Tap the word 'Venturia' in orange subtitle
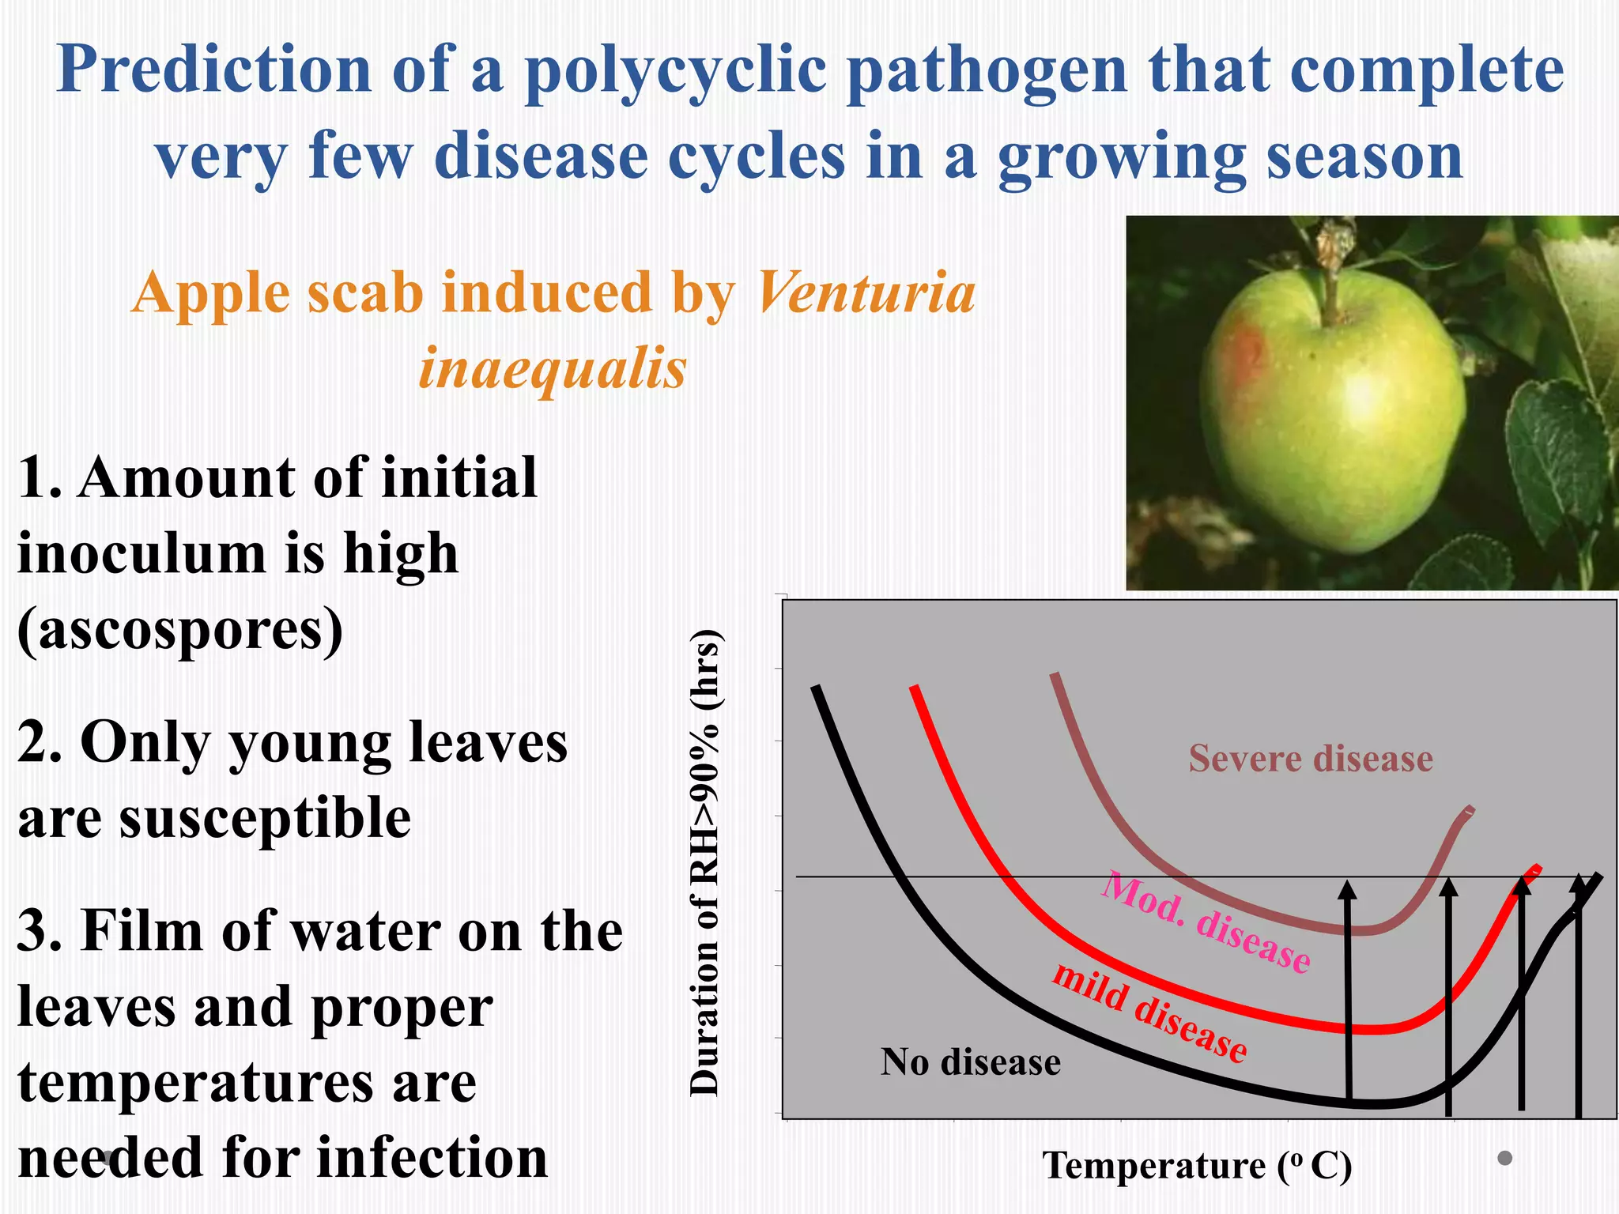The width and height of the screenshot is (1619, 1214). click(866, 292)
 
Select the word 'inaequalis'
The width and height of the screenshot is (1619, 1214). click(553, 368)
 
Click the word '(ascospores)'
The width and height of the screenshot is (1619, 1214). click(180, 630)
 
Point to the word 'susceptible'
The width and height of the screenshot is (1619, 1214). click(265, 817)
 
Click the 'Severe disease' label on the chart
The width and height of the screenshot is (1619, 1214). click(1311, 759)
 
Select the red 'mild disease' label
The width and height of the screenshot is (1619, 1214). click(1150, 1012)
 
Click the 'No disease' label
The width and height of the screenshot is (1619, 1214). click(971, 1062)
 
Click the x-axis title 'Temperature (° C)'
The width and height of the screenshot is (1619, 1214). click(1197, 1166)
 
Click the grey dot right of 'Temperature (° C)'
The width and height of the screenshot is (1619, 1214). click(1505, 1158)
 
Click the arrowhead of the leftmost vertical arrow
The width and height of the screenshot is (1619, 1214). click(1347, 891)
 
